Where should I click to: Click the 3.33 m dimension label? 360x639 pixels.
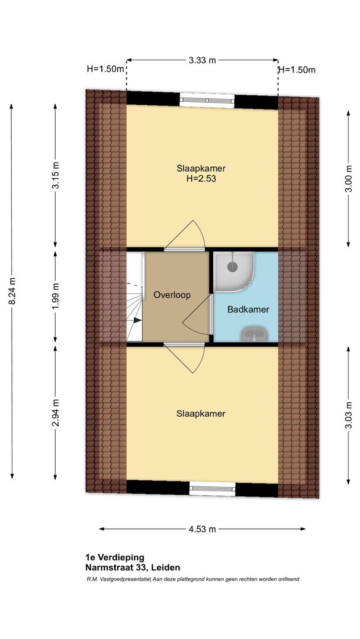202,61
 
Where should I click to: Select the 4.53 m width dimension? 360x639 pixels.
202,530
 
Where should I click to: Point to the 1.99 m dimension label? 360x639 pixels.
56,296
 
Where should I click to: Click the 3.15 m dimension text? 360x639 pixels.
56,175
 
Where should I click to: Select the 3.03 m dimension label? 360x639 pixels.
349,415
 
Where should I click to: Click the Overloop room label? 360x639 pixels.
172,295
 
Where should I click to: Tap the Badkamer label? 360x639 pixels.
248,309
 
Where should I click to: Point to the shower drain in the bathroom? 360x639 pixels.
232,267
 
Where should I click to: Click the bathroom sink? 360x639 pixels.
255,334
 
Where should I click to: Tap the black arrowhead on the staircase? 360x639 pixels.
138,321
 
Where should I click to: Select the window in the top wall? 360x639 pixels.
207,100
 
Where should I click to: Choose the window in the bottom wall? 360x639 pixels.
213,488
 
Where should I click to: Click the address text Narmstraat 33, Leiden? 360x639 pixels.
133,567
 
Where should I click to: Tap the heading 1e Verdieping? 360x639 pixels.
115,557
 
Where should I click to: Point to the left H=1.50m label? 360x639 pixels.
105,69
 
